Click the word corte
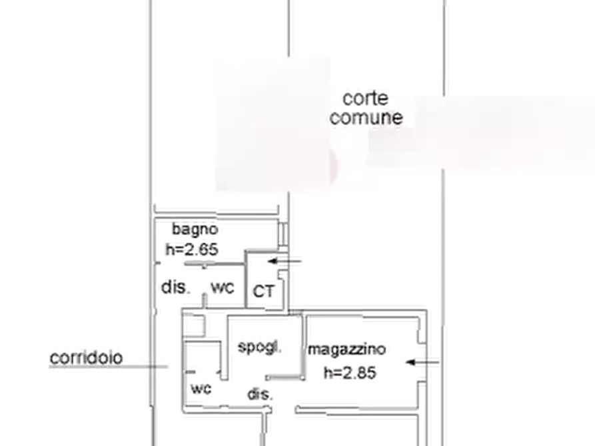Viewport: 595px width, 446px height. pos(365,98)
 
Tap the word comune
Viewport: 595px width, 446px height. pos(367,118)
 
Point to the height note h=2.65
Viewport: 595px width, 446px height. pos(193,248)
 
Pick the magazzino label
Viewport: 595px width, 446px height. pos(346,351)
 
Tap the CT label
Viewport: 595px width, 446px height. pos(262,291)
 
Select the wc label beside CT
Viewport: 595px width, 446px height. pos(223,288)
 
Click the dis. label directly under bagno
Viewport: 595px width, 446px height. pos(177,288)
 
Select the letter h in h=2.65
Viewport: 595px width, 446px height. pos(170,248)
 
